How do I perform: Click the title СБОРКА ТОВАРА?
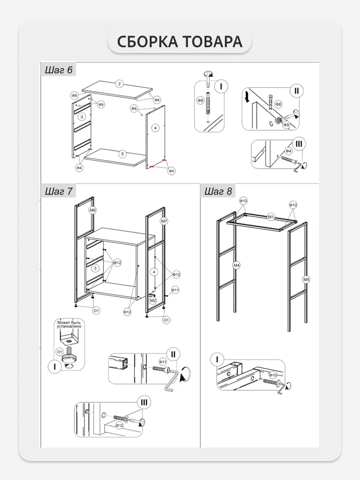point(180,42)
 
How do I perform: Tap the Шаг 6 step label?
point(58,70)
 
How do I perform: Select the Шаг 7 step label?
point(58,191)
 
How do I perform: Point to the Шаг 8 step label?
point(218,191)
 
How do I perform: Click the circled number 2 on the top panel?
point(119,84)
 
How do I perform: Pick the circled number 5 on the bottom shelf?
point(123,153)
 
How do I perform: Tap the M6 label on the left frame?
point(92,210)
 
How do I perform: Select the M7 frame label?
point(164,221)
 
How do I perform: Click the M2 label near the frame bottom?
point(153,300)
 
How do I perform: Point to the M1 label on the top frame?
point(271,217)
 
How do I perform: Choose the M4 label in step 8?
point(237,265)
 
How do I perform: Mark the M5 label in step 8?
point(306,279)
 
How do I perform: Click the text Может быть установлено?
point(69,324)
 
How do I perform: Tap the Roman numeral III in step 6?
point(299,144)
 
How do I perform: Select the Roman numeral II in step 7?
point(173,353)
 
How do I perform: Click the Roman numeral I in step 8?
point(217,359)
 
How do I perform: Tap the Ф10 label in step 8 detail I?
point(273,375)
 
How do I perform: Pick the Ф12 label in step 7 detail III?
point(119,425)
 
